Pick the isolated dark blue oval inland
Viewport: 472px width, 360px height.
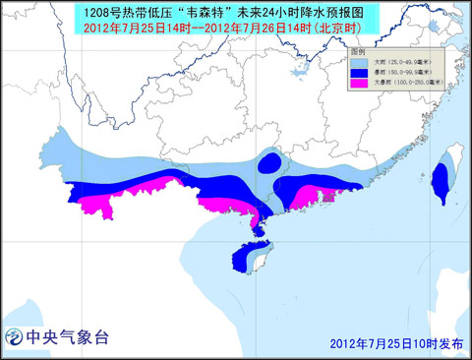click(x=271, y=162)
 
